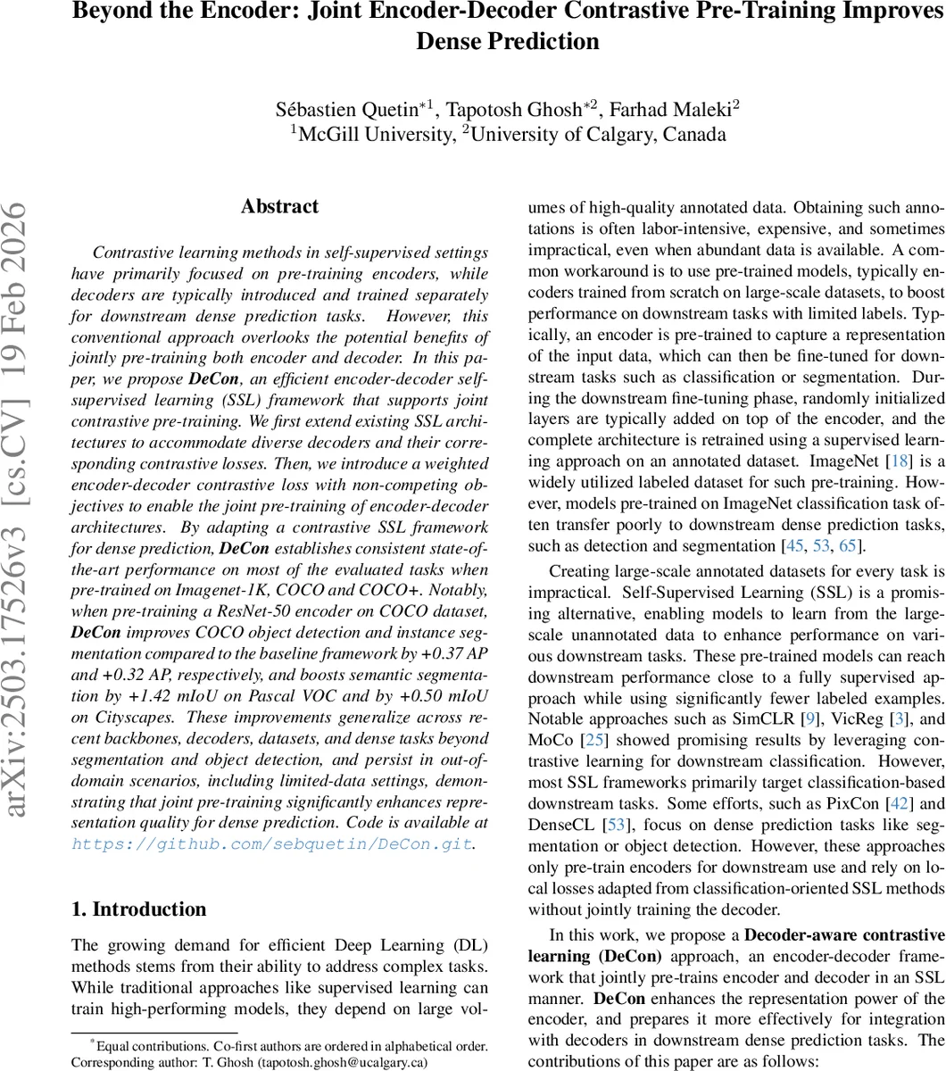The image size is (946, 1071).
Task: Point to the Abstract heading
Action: tap(279, 206)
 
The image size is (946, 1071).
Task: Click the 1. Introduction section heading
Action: tap(138, 909)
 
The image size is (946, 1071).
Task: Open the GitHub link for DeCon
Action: tap(272, 843)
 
